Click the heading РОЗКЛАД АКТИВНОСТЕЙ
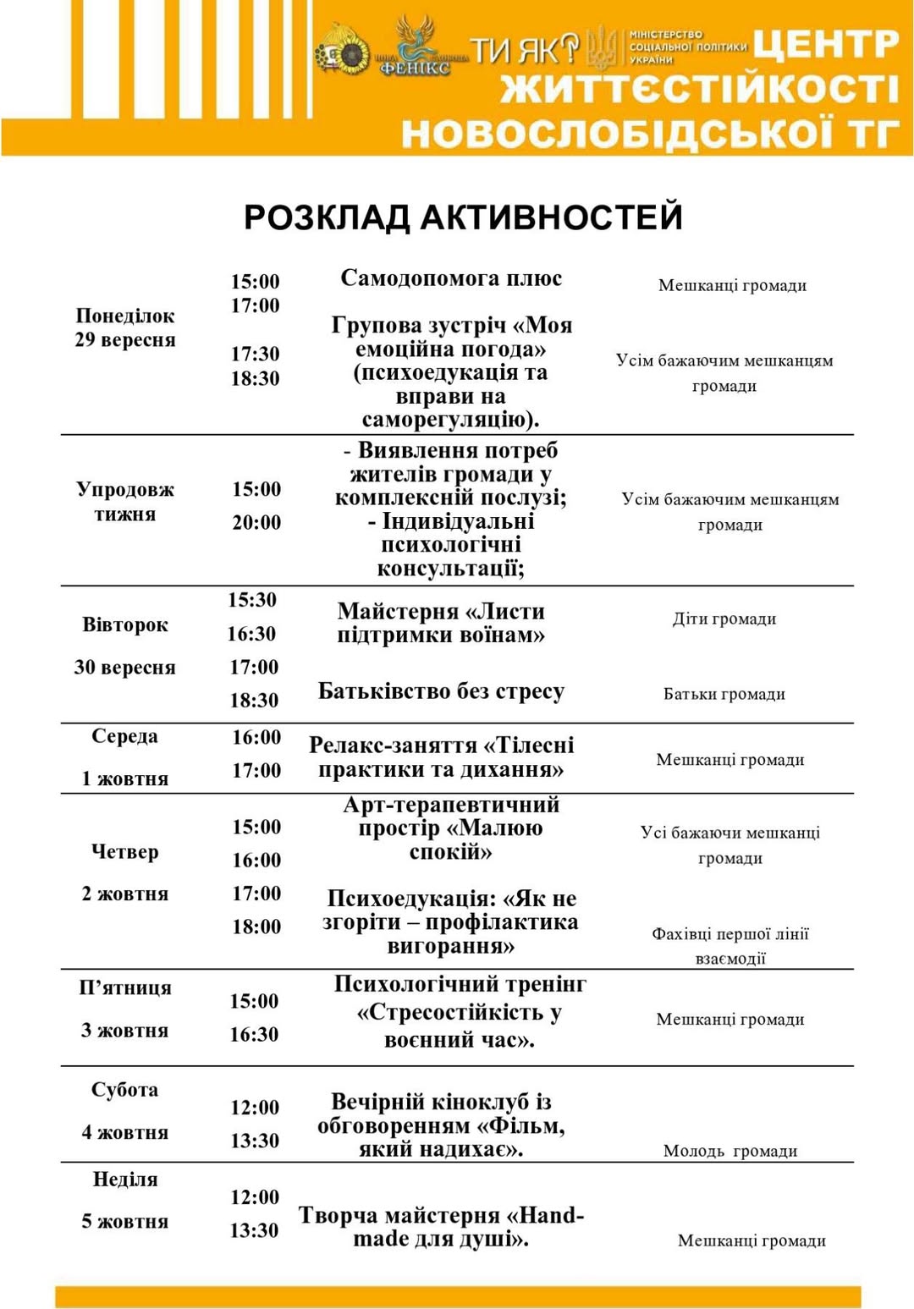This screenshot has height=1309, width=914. [463, 217]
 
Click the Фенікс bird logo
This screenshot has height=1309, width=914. [416, 47]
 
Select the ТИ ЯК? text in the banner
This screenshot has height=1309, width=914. [525, 51]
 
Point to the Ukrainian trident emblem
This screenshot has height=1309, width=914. [603, 47]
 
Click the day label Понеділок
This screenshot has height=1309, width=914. [125, 316]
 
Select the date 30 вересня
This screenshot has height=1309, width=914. [125, 667]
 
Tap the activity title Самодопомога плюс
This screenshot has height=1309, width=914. [451, 278]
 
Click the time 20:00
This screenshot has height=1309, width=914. [256, 522]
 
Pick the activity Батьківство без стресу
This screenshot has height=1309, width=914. [441, 691]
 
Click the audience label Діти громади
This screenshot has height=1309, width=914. [724, 619]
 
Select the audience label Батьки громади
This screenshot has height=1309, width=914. [724, 694]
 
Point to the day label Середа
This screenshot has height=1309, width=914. [124, 736]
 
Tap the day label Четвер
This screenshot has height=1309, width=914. [125, 851]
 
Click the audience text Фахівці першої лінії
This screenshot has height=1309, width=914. [730, 934]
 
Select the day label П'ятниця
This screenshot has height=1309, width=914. [125, 987]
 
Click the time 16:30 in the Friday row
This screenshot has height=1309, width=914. [254, 1034]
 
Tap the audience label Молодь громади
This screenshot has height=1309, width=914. [730, 1151]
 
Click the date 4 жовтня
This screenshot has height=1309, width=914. [125, 1132]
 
